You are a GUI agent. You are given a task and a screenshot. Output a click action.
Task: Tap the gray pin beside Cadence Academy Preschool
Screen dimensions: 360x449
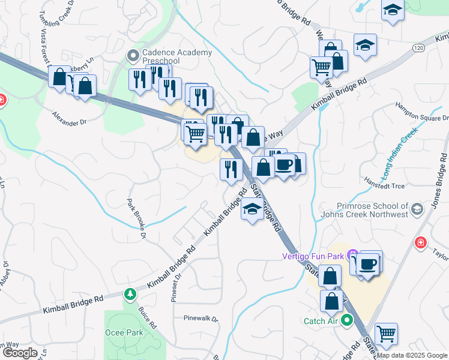click(x=133, y=56)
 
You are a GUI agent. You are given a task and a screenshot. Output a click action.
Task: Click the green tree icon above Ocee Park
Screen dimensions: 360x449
click(x=129, y=294)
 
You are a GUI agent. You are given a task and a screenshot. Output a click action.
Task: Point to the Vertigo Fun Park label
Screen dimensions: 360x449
click(x=314, y=256)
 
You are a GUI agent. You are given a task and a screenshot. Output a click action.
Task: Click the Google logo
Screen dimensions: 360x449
click(x=20, y=353)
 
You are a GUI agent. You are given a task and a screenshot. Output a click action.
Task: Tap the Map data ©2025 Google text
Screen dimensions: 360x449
click(x=412, y=355)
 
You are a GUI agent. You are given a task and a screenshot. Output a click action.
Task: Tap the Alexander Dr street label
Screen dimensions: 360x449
click(x=70, y=118)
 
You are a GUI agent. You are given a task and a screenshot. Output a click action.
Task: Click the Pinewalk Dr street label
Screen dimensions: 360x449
click(x=201, y=319)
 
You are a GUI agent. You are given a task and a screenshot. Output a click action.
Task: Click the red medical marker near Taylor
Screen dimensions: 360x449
click(x=421, y=242)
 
